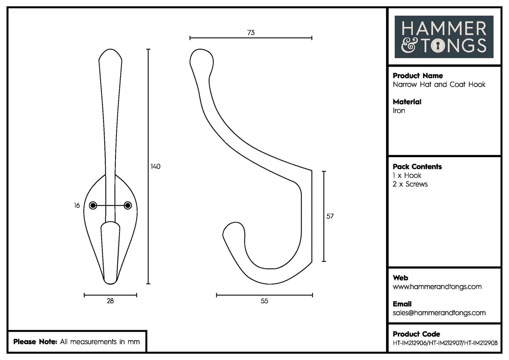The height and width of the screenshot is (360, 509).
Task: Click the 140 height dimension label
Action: [155, 166]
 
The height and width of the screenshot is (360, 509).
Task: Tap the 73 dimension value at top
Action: [251, 33]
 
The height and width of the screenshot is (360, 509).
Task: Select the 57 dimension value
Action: [330, 216]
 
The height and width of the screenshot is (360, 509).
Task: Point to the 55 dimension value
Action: [264, 301]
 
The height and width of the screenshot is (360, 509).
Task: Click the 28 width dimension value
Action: [110, 301]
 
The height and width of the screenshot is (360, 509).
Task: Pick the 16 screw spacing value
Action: [77, 205]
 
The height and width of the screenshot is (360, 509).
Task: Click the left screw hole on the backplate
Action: [93, 205]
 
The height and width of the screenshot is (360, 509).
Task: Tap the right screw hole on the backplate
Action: [128, 205]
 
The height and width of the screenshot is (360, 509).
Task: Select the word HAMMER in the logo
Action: [444, 29]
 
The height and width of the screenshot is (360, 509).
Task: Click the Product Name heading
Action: [418, 76]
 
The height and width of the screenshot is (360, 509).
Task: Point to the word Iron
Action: [399, 111]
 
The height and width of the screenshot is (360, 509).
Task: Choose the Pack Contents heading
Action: [417, 167]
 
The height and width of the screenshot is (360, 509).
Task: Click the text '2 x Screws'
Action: [410, 184]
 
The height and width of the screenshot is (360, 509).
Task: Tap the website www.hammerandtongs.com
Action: [437, 287]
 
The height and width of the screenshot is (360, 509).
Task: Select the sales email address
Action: [439, 313]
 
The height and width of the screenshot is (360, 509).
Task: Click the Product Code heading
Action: [416, 334]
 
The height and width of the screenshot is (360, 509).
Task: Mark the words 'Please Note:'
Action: [35, 342]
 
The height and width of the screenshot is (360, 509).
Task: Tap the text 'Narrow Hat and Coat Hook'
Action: [439, 85]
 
